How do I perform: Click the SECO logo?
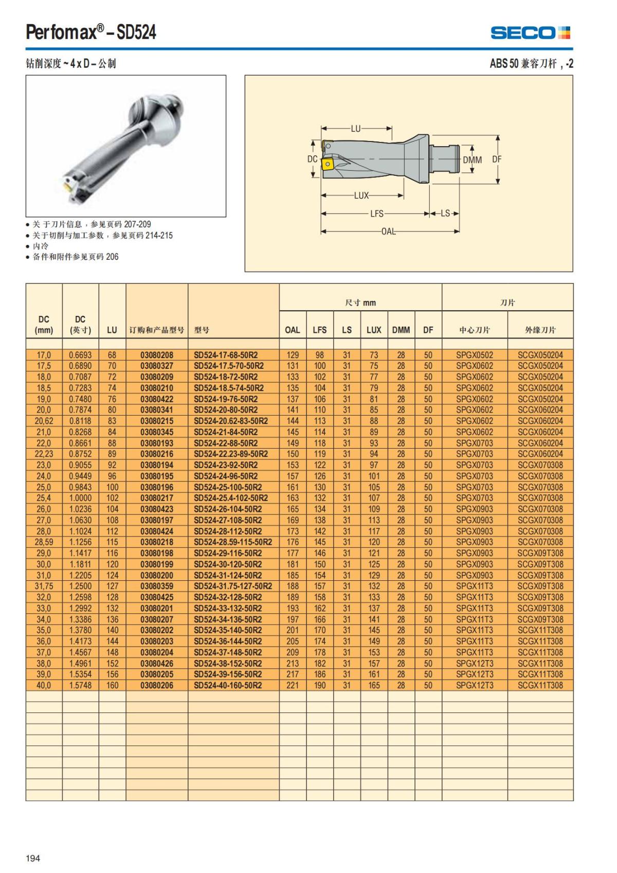pyautogui.click(x=530, y=33)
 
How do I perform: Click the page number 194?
pyautogui.click(x=33, y=858)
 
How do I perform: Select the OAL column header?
pyautogui.click(x=292, y=330)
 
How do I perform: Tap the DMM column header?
pyautogui.click(x=401, y=330)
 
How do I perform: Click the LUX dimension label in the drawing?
pyautogui.click(x=361, y=195)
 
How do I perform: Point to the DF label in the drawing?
pyautogui.click(x=497, y=159)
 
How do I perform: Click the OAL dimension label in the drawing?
pyautogui.click(x=389, y=231)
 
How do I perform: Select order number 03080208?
pyautogui.click(x=157, y=355)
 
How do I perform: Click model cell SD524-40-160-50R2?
pyautogui.click(x=228, y=685)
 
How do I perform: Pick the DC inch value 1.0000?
pyautogui.click(x=80, y=498)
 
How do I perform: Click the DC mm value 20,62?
pyautogui.click(x=44, y=421)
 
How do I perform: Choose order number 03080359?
pyautogui.click(x=157, y=586)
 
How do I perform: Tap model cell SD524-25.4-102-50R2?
pyautogui.click(x=231, y=498)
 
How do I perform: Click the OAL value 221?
pyautogui.click(x=293, y=685)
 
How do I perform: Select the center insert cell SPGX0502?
pyautogui.click(x=475, y=355)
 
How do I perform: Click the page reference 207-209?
pyautogui.click(x=137, y=224)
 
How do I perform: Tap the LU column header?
pyautogui.click(x=112, y=330)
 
